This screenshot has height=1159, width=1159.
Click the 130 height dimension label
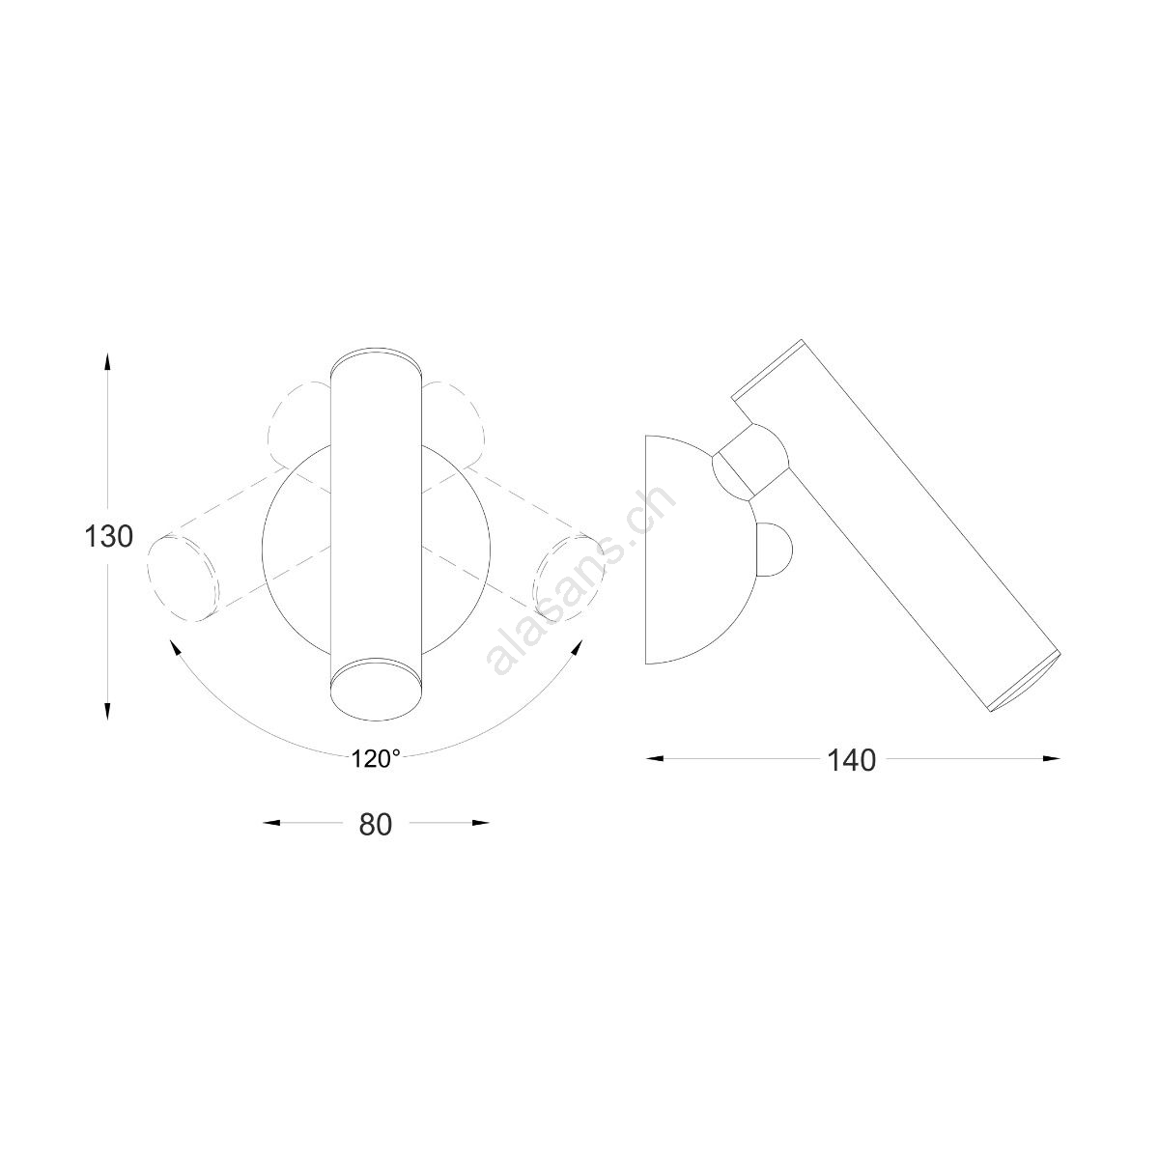tap(108, 536)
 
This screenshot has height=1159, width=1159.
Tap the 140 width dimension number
tap(852, 761)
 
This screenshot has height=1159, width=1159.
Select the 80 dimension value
tap(376, 825)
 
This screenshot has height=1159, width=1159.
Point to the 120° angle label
tap(376, 759)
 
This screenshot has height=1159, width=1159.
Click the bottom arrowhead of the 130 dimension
tap(107, 710)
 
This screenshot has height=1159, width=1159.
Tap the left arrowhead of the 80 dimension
tap(272, 823)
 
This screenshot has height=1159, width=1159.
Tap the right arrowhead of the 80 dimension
tap(481, 823)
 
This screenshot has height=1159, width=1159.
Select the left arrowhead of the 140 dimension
tap(655, 759)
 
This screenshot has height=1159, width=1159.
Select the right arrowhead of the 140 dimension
tap(1052, 759)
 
